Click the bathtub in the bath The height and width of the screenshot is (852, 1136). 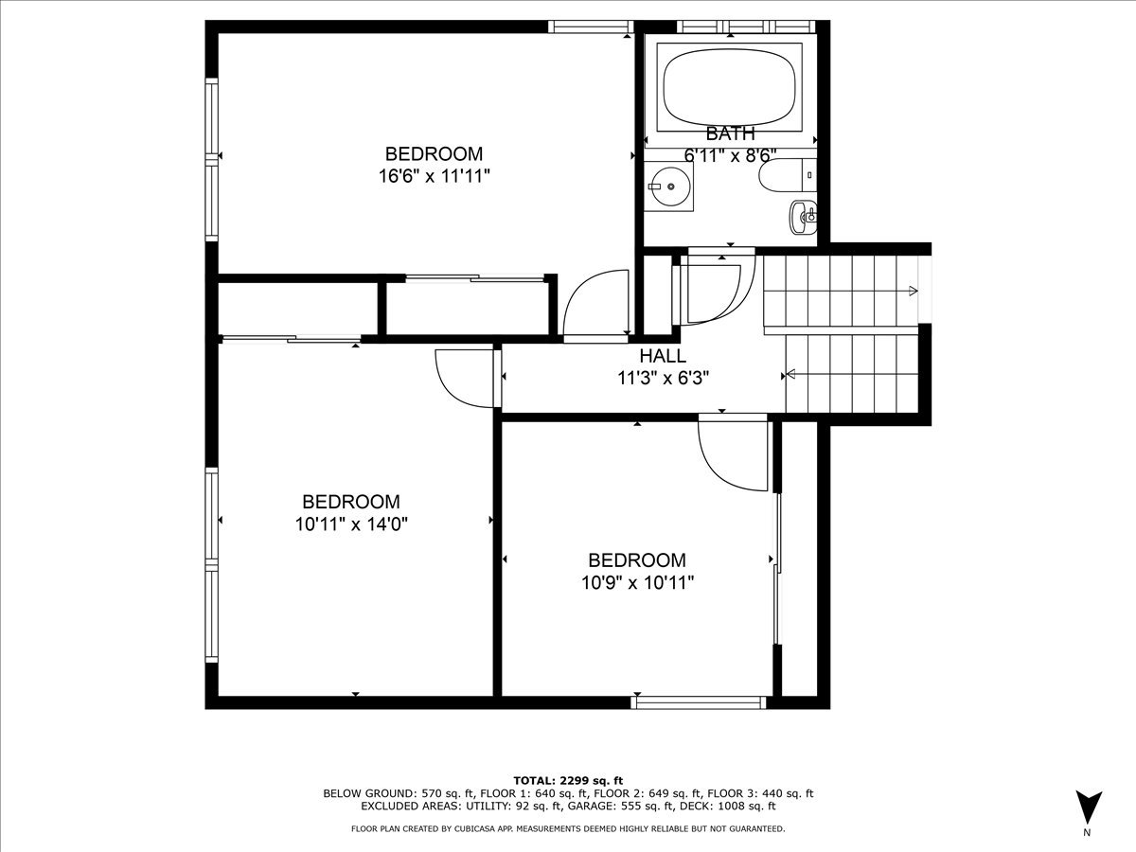(x=730, y=87)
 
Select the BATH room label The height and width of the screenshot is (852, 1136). (x=730, y=134)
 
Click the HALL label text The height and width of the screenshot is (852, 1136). (x=663, y=356)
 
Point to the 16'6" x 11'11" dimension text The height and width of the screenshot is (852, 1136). (x=435, y=176)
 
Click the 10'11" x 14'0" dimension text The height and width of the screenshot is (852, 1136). (x=351, y=524)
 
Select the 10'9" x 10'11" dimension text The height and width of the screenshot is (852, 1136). (x=637, y=583)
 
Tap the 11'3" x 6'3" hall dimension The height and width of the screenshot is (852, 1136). (x=663, y=379)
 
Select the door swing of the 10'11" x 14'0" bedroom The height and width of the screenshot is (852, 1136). (x=465, y=378)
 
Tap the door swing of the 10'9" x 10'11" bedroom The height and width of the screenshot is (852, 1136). (x=733, y=455)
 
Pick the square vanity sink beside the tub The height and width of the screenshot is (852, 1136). (x=669, y=186)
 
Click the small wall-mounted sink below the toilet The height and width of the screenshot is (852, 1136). (x=803, y=218)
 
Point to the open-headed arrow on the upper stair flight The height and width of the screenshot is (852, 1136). (x=913, y=291)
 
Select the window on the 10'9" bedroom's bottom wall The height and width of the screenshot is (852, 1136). (x=698, y=702)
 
